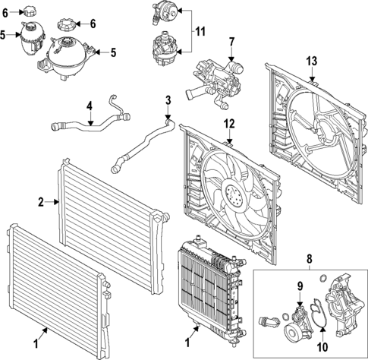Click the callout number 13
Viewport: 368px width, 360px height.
(312, 62)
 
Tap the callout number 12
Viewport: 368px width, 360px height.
(229, 124)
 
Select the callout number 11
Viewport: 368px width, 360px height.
(200, 32)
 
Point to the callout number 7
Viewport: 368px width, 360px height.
(232, 43)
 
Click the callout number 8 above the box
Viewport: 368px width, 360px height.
(310, 260)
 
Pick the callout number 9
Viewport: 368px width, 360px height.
(300, 286)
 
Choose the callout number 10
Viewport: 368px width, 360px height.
(322, 346)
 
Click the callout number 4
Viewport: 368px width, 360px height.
(90, 106)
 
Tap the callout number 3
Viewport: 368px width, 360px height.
(168, 100)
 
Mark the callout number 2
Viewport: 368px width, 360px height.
(41, 202)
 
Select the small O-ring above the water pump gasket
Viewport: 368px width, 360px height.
(323, 279)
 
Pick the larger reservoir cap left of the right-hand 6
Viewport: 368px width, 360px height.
(67, 24)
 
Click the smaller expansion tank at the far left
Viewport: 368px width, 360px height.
(33, 38)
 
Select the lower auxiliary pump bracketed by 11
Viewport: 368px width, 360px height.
(165, 49)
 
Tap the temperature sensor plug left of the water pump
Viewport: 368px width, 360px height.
(269, 321)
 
